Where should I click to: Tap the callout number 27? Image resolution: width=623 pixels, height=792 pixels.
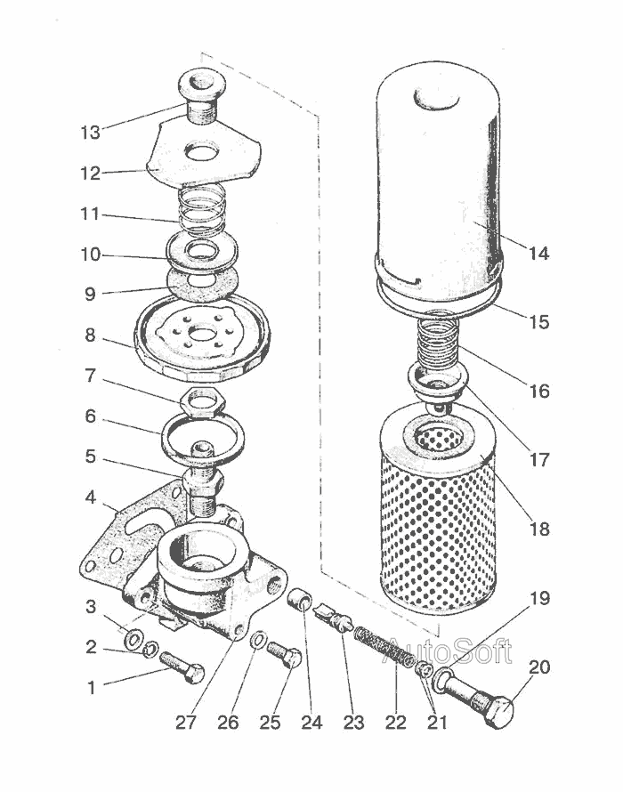185,722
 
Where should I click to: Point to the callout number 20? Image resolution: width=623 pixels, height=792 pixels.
539,667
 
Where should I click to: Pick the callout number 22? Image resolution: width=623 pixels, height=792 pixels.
396,722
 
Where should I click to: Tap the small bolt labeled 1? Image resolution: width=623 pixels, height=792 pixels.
182,667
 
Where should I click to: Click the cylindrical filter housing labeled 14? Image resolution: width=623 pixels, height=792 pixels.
436,187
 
